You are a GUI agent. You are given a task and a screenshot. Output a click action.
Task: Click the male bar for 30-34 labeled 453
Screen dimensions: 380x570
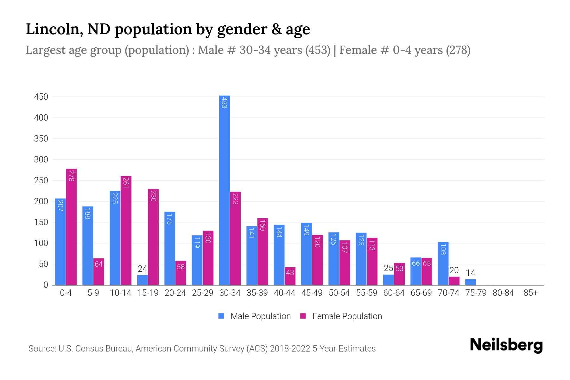pos(225,190)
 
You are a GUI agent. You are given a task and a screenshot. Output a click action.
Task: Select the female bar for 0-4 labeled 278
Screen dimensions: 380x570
pos(71,227)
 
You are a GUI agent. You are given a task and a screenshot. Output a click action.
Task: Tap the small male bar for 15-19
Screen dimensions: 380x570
pos(142,280)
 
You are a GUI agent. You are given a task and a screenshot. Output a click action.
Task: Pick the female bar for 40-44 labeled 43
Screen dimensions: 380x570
pos(290,276)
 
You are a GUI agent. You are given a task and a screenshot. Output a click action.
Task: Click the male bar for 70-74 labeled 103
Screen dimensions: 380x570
pos(443,263)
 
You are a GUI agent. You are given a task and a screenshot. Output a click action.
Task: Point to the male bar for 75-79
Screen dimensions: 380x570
pos(470,282)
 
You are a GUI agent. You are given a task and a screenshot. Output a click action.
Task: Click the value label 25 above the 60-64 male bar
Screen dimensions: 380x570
pos(388,268)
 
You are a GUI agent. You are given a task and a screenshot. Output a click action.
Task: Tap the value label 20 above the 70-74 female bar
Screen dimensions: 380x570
pos(454,270)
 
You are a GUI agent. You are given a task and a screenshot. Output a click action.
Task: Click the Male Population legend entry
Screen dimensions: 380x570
pos(255,316)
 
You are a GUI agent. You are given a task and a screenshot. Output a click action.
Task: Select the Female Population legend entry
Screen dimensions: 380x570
pos(341,316)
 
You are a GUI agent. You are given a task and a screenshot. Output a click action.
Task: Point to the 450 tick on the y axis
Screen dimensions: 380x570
pos(41,97)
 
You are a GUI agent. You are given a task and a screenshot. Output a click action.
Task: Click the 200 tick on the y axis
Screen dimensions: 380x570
pos(41,201)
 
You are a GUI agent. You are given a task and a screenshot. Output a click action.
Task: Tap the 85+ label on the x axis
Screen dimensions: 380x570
pos(530,293)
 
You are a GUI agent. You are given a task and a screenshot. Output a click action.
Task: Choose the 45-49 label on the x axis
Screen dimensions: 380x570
pos(312,293)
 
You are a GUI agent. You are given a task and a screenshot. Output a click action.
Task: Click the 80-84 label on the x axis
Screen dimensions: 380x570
pos(503,293)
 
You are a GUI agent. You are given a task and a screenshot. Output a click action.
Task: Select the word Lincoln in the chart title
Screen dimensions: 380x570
pos(53,29)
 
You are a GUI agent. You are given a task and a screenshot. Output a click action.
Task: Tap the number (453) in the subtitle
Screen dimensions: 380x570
pos(318,50)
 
